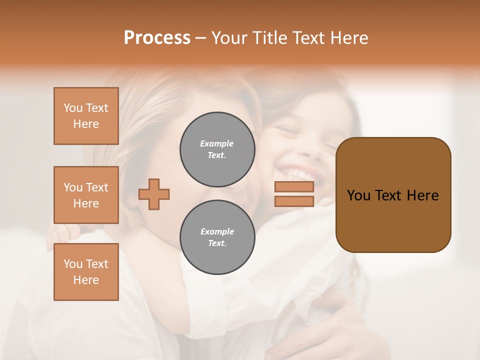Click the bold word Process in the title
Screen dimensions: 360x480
click(x=157, y=38)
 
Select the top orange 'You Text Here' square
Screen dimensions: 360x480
click(x=86, y=116)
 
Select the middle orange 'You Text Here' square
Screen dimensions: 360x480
click(x=86, y=195)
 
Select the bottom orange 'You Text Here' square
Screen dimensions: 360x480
click(x=86, y=272)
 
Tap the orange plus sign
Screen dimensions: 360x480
click(x=154, y=194)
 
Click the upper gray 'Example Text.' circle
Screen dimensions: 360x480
click(x=217, y=149)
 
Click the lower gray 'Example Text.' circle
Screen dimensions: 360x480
click(x=217, y=237)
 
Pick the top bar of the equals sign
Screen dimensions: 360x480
click(x=294, y=187)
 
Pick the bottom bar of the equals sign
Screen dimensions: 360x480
click(x=294, y=201)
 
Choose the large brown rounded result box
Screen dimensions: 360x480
click(x=393, y=220)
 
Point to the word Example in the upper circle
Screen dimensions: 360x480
click(x=217, y=144)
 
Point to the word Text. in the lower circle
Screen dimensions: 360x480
click(x=217, y=243)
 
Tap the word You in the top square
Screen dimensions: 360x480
click(x=73, y=108)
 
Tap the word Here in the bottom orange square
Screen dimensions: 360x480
click(x=86, y=280)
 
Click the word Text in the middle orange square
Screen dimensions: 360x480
click(x=97, y=187)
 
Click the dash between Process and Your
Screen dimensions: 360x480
click(x=201, y=38)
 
